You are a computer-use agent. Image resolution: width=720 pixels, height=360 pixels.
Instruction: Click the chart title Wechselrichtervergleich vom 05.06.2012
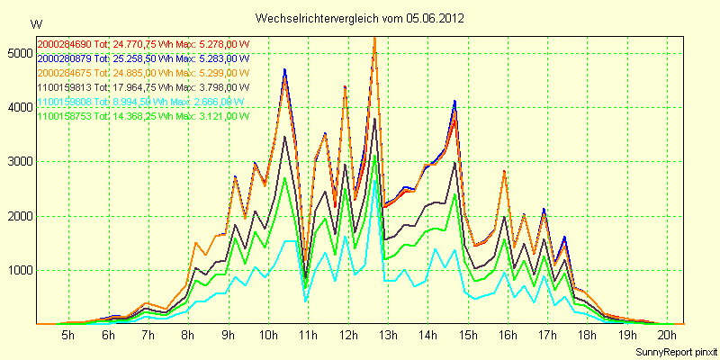click(x=360, y=18)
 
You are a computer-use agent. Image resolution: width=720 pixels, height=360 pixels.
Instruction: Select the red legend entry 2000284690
click(x=142, y=43)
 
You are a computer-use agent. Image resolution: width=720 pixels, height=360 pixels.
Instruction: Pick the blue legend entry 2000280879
click(x=142, y=58)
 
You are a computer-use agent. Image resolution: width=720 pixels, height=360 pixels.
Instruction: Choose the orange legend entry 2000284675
click(x=142, y=72)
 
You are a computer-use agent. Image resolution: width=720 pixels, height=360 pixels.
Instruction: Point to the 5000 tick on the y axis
click(x=18, y=54)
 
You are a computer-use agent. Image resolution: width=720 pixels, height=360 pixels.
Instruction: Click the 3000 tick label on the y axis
click(x=18, y=162)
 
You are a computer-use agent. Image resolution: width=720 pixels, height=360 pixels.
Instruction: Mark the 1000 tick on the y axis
click(x=18, y=270)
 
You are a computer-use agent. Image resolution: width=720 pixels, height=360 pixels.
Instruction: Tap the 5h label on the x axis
click(x=67, y=335)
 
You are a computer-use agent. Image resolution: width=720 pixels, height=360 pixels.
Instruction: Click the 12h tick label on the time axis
click(x=347, y=335)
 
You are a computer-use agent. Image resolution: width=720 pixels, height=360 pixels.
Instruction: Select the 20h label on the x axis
click(x=667, y=335)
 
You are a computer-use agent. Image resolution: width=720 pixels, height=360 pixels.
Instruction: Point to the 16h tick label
click(x=508, y=335)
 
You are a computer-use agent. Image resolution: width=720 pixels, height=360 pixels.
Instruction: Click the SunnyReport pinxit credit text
click(x=672, y=350)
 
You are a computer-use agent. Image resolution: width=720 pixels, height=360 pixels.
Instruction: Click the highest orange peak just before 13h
click(x=374, y=39)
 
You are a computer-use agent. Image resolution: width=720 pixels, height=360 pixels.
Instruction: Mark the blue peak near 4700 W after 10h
click(x=284, y=69)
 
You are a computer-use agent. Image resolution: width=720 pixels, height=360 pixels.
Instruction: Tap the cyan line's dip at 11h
click(x=306, y=300)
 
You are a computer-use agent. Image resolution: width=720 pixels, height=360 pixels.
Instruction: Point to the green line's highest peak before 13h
click(x=374, y=156)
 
